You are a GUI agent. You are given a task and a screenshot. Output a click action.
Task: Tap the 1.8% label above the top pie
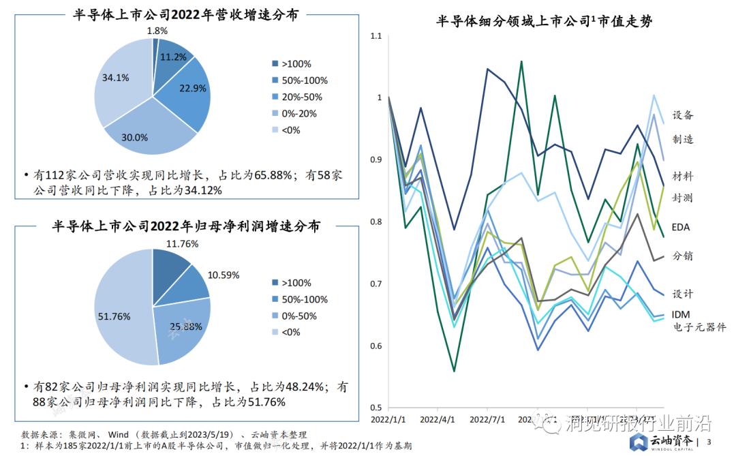pyautogui.click(x=157, y=31)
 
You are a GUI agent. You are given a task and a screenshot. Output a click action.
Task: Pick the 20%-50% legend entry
pyautogui.click(x=296, y=97)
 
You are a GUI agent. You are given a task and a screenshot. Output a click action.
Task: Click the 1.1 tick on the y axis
pyautogui.click(x=375, y=36)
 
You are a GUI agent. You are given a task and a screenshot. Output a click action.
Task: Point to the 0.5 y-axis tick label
pyautogui.click(x=375, y=408)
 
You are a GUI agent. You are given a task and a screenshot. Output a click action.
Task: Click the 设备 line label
pyautogui.click(x=682, y=115)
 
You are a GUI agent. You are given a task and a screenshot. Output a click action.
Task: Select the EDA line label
pyautogui.click(x=681, y=226)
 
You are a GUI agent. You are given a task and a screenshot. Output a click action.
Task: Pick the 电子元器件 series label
pyautogui.click(x=699, y=327)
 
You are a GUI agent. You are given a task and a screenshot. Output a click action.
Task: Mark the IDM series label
pyautogui.click(x=682, y=314)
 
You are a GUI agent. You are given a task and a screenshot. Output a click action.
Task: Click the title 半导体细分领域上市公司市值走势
pyautogui.click(x=544, y=22)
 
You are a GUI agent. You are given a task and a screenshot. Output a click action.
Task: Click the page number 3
pyautogui.click(x=709, y=442)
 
